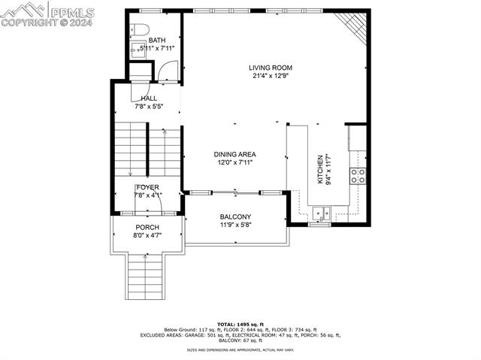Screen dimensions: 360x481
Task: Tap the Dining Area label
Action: coord(235,154)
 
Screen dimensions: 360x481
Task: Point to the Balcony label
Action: coord(234,216)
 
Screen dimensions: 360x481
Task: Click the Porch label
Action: coord(147,228)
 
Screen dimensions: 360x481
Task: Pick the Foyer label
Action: coord(147,187)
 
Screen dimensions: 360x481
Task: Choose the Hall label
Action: coord(148,98)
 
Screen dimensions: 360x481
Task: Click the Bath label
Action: coord(156,41)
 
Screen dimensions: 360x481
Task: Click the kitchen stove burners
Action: coord(357,176)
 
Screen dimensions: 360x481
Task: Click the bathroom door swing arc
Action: coord(167,71)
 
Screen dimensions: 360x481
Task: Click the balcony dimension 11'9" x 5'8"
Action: coord(234,224)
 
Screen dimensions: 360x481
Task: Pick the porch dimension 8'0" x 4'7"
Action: coord(147,235)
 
